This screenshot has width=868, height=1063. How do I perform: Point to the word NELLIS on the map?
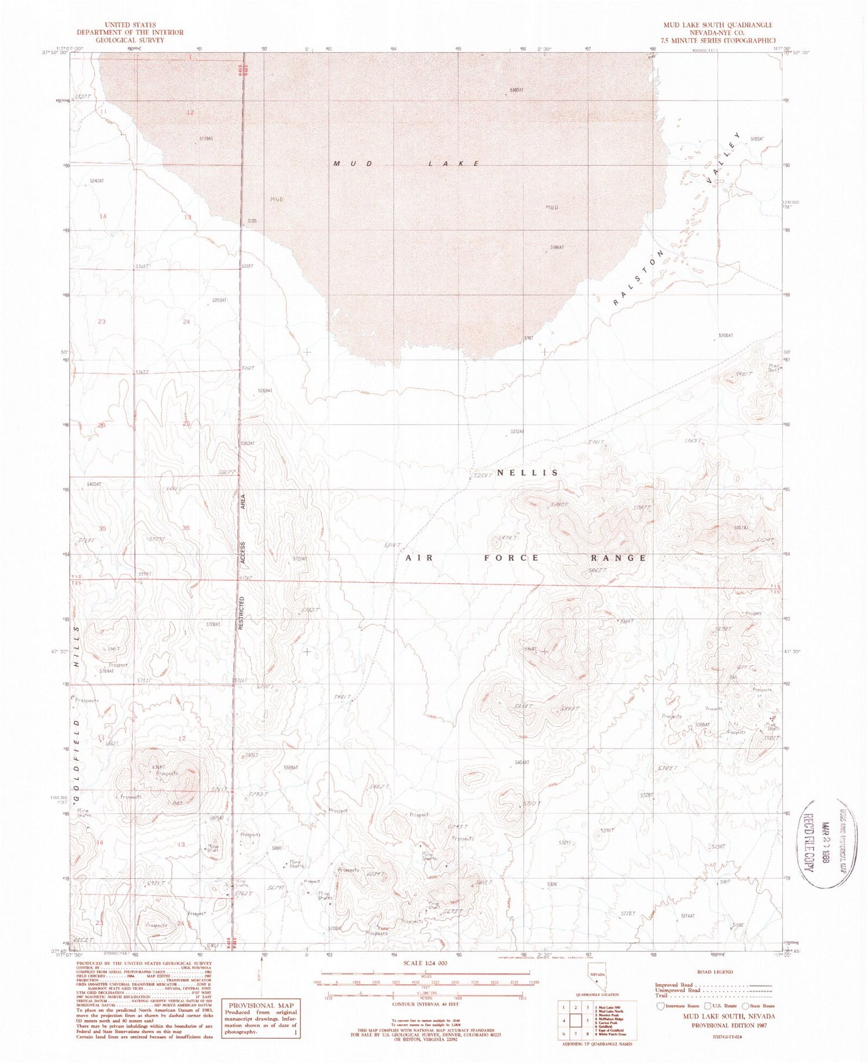click(x=527, y=473)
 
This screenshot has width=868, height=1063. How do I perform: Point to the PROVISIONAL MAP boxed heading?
click(x=262, y=1006)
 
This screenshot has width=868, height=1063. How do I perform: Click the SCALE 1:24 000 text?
click(x=424, y=963)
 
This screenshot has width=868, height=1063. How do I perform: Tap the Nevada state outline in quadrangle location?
click(x=597, y=980)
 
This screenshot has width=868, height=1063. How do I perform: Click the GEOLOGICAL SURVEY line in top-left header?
click(x=130, y=40)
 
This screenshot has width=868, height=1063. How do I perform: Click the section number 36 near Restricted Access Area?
click(x=186, y=528)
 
